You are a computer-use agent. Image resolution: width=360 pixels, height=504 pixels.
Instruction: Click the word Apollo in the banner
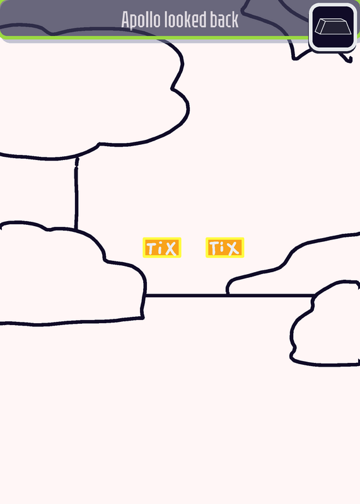pyautogui.click(x=141, y=20)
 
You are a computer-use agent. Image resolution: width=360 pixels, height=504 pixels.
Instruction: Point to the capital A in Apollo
pyautogui.click(x=125, y=20)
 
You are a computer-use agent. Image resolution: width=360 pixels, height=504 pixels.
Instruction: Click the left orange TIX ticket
pyautogui.click(x=162, y=248)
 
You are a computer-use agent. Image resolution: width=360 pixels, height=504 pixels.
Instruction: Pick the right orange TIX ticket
pyautogui.click(x=225, y=248)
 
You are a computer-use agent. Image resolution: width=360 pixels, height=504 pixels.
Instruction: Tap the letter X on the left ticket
pyautogui.click(x=170, y=248)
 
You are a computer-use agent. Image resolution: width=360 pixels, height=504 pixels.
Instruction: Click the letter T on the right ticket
pyautogui.click(x=214, y=248)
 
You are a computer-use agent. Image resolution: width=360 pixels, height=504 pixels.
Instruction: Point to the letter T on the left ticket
pyautogui.click(x=151, y=248)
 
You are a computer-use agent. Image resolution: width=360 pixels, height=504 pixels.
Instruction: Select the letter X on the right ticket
pyautogui.click(x=233, y=248)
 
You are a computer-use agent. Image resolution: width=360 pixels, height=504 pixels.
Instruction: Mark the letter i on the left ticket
pyautogui.click(x=160, y=248)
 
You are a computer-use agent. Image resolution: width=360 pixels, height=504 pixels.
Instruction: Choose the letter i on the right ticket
pyautogui.click(x=223, y=248)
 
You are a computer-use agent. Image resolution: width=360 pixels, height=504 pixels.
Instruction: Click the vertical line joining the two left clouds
pyautogui.click(x=76, y=193)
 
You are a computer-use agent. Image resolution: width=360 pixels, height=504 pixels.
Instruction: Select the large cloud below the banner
pyautogui.click(x=90, y=93)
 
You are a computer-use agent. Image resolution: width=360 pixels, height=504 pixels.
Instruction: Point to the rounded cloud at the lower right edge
pyautogui.click(x=325, y=323)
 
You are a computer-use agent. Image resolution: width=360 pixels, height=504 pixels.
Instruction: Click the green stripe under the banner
pyautogui.click(x=154, y=38)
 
